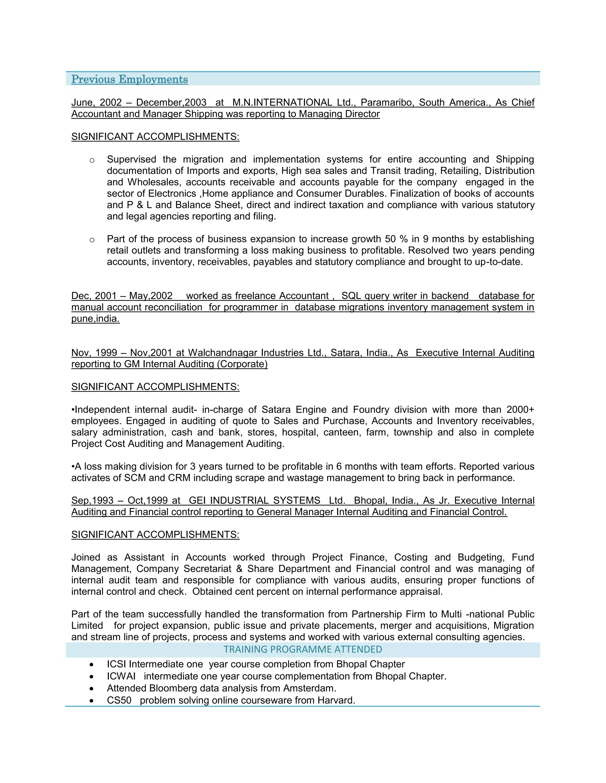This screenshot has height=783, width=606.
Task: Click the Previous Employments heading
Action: pos(129,79)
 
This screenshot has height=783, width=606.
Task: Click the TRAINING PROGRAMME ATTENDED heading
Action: pos(303,649)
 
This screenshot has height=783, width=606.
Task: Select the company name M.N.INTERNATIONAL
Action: pos(282,103)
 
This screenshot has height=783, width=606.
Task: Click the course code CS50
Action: pos(119,700)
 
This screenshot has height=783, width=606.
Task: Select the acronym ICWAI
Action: pos(121,676)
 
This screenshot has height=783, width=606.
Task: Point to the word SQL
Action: pos(351,296)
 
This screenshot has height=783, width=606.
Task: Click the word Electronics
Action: pos(172,194)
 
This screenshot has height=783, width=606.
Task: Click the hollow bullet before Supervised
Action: pos(92,160)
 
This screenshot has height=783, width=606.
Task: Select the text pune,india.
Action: pos(95,319)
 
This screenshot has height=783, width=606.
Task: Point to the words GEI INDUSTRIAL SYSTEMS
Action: pos(254,501)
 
